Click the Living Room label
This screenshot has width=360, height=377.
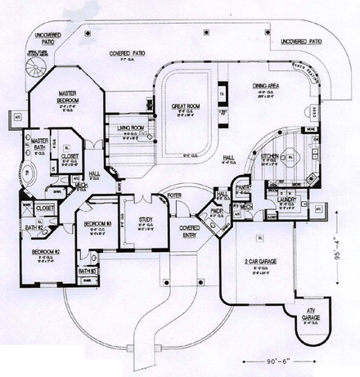[131, 128]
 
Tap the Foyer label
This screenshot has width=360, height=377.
[174, 196]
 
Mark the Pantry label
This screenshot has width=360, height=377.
[242, 187]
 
